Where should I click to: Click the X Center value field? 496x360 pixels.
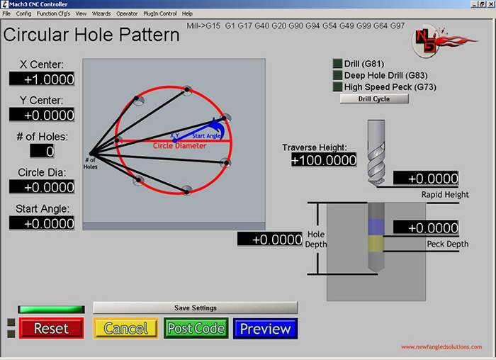tap(42, 79)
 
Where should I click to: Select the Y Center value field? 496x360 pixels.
tap(42, 115)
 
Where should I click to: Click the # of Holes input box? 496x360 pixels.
tap(42, 150)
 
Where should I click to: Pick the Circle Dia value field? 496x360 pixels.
tap(42, 186)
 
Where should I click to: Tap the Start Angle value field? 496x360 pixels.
tap(42, 223)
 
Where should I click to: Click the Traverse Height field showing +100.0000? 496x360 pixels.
tap(323, 160)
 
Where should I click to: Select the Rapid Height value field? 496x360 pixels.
tap(426, 178)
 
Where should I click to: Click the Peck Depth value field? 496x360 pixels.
tap(426, 227)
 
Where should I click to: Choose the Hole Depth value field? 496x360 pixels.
tap(271, 240)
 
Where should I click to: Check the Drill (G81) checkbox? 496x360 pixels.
tap(337, 64)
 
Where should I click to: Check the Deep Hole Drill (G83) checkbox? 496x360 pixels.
tap(337, 75)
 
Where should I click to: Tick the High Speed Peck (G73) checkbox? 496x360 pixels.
tap(337, 87)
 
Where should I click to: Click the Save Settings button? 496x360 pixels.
tap(196, 308)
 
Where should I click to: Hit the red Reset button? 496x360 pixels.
tap(51, 329)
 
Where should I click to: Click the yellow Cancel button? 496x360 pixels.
tap(125, 329)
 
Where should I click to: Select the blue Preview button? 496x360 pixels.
tap(265, 329)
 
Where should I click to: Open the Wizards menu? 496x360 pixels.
tap(101, 13)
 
